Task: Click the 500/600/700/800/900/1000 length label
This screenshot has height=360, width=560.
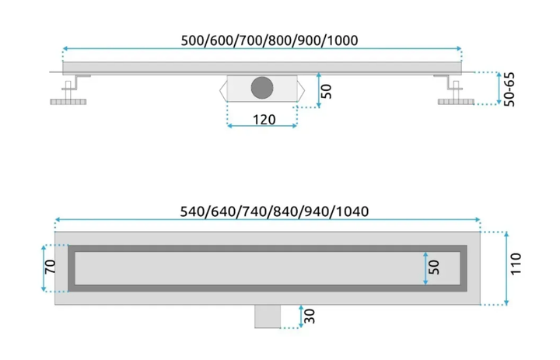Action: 269,40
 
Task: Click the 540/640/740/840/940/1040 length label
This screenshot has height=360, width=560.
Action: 275,211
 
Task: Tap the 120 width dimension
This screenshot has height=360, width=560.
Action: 264,119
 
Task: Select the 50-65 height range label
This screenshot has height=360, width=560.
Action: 509,89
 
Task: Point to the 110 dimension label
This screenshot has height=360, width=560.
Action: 516,264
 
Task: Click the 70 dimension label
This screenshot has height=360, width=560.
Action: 50,267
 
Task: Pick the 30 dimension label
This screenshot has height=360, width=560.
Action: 310,316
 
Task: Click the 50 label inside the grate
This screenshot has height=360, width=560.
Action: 433,267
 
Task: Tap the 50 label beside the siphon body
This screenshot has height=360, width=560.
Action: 327,91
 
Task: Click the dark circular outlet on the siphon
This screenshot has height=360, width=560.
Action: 262,88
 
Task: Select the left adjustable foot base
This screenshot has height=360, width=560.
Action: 68,102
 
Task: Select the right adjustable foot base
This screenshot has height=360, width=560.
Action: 456,102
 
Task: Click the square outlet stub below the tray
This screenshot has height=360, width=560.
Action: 268,316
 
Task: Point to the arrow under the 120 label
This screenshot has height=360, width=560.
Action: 262,126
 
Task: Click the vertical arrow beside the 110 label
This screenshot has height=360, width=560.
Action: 506,268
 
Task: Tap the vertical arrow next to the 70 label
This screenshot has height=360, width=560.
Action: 44,268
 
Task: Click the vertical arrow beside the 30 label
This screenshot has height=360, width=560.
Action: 301,316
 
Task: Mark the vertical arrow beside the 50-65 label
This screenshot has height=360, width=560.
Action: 499,88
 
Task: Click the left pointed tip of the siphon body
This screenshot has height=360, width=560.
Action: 219,91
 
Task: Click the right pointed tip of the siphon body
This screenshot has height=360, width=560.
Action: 305,91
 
